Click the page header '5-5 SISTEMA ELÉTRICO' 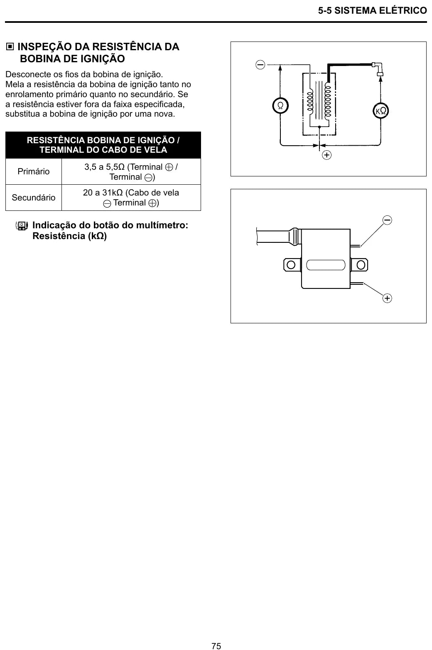(372, 11)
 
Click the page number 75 (216, 646)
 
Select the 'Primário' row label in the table (33, 171)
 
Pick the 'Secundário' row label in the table (33, 198)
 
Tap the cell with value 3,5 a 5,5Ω (131, 172)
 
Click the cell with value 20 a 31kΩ (131, 198)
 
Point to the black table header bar (103, 145)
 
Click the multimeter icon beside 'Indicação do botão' (22, 226)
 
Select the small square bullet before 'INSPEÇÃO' (10, 46)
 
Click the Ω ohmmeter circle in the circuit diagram (280, 105)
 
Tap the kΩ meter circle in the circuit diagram (380, 110)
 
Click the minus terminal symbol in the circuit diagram (260, 64)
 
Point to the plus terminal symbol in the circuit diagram (327, 155)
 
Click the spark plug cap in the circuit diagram (379, 69)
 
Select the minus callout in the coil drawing (387, 220)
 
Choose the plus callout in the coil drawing (387, 298)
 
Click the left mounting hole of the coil (291, 265)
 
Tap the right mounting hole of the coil (361, 265)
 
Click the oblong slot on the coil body (326, 265)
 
